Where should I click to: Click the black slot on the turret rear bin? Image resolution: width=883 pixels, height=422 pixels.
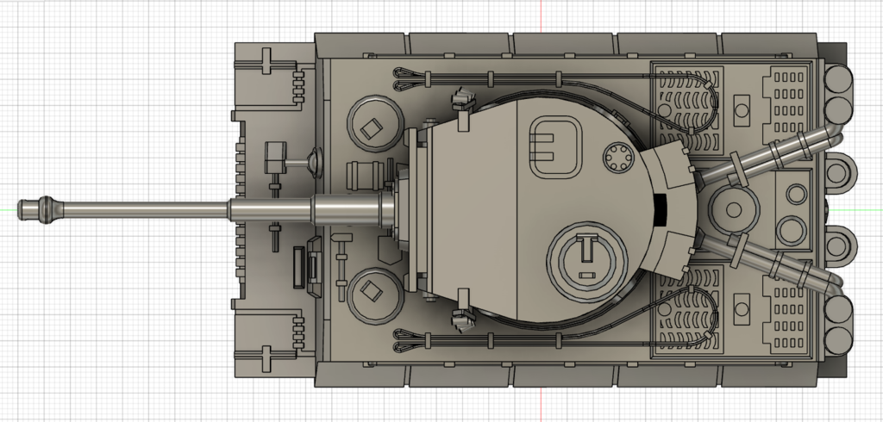(661, 209)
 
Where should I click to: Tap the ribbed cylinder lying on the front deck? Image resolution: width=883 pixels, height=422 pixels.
(366, 174)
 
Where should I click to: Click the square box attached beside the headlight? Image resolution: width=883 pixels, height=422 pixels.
(275, 156)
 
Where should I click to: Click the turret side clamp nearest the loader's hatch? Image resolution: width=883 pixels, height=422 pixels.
(465, 99)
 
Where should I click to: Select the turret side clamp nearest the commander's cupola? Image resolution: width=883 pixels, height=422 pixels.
(465, 320)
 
